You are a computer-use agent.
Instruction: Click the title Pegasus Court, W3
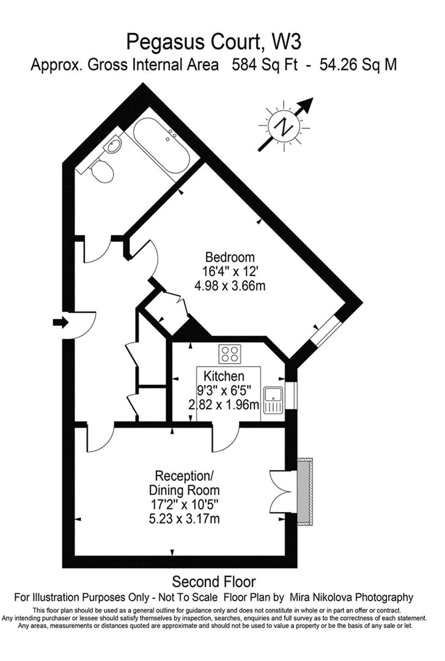click(214, 42)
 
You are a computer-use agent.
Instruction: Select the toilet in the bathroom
click(101, 171)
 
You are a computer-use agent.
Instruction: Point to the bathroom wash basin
click(112, 145)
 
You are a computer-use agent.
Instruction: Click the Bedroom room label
click(230, 257)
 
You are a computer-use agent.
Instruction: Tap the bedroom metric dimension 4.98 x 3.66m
click(230, 285)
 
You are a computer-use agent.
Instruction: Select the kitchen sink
click(271, 400)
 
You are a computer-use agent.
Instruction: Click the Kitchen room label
click(224, 376)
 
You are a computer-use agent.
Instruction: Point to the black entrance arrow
click(61, 322)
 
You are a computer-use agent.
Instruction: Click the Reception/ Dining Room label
click(184, 483)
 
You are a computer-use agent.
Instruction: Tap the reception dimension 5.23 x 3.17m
click(184, 519)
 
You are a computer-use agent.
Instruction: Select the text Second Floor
click(213, 581)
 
